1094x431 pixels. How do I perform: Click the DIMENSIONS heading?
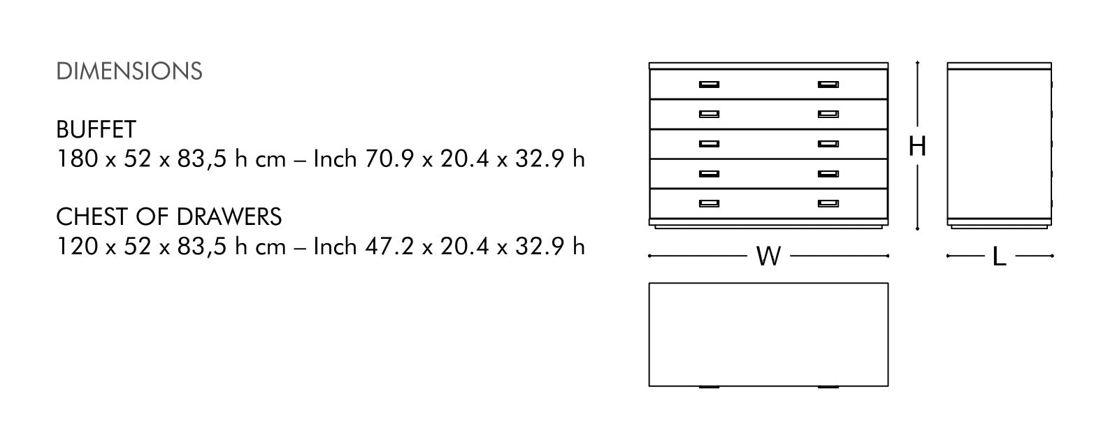[129, 71]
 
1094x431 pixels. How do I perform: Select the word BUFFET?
[96, 130]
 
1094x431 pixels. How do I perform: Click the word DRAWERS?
[229, 217]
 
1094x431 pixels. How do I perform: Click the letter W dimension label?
[768, 256]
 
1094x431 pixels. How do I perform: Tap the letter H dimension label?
[917, 146]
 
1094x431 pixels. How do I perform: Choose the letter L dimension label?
[999, 256]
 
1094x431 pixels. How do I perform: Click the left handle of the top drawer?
[709, 85]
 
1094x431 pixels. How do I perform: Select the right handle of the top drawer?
[828, 85]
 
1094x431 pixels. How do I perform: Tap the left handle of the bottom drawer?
[709, 203]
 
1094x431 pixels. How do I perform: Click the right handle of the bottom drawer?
[828, 203]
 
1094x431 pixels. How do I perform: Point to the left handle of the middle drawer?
[709, 144]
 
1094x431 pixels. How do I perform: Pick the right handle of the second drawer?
[828, 115]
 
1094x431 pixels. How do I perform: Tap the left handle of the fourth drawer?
[709, 174]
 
